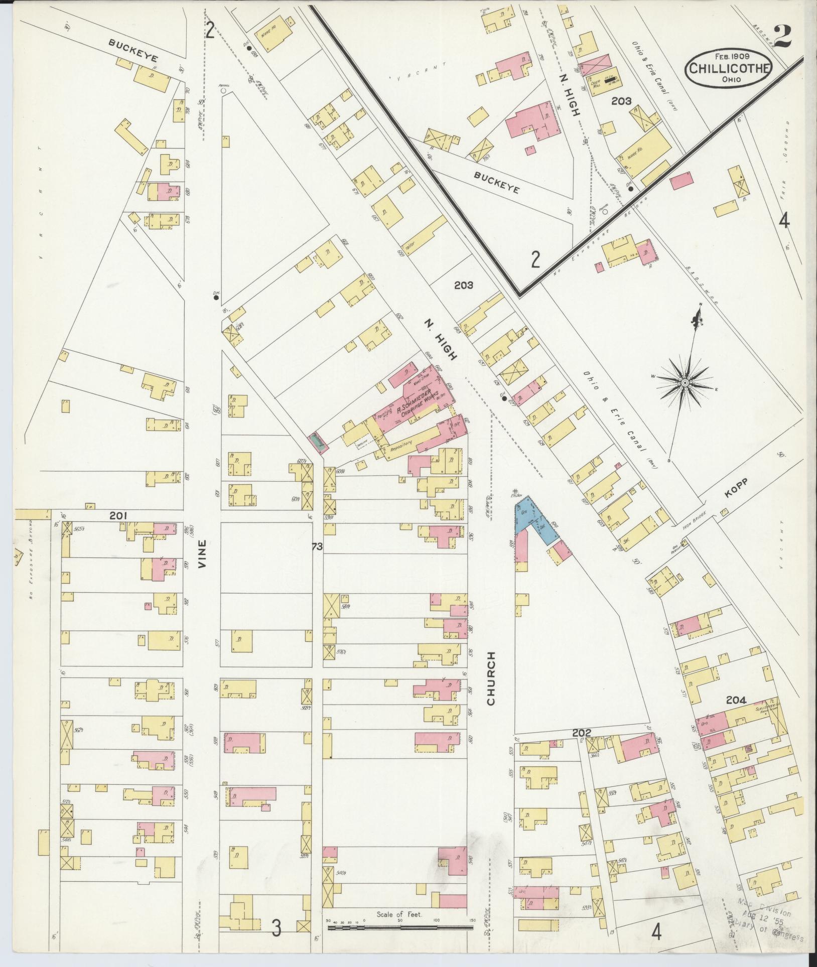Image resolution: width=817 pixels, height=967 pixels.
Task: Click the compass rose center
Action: coord(684,383)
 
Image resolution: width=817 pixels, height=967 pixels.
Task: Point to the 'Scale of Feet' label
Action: coord(399,914)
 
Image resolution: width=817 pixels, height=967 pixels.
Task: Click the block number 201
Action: coord(119,515)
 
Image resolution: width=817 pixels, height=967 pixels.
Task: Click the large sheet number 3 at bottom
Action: coord(276,928)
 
